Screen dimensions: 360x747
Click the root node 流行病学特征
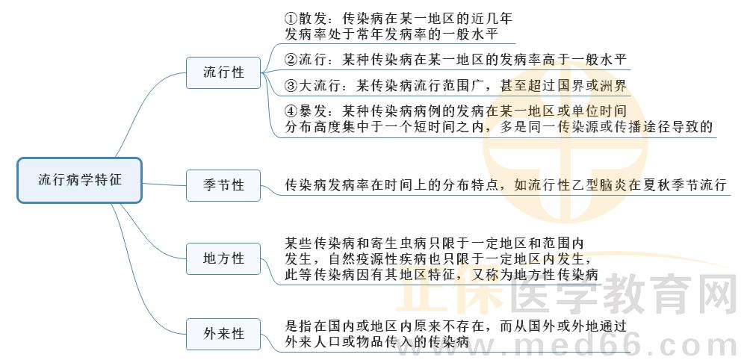(79, 180)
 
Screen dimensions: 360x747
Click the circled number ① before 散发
(292, 17)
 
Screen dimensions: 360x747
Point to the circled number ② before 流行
(292, 59)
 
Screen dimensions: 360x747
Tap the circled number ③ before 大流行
(292, 84)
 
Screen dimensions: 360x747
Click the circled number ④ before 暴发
(292, 111)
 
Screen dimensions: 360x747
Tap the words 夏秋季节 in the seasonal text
(671, 184)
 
